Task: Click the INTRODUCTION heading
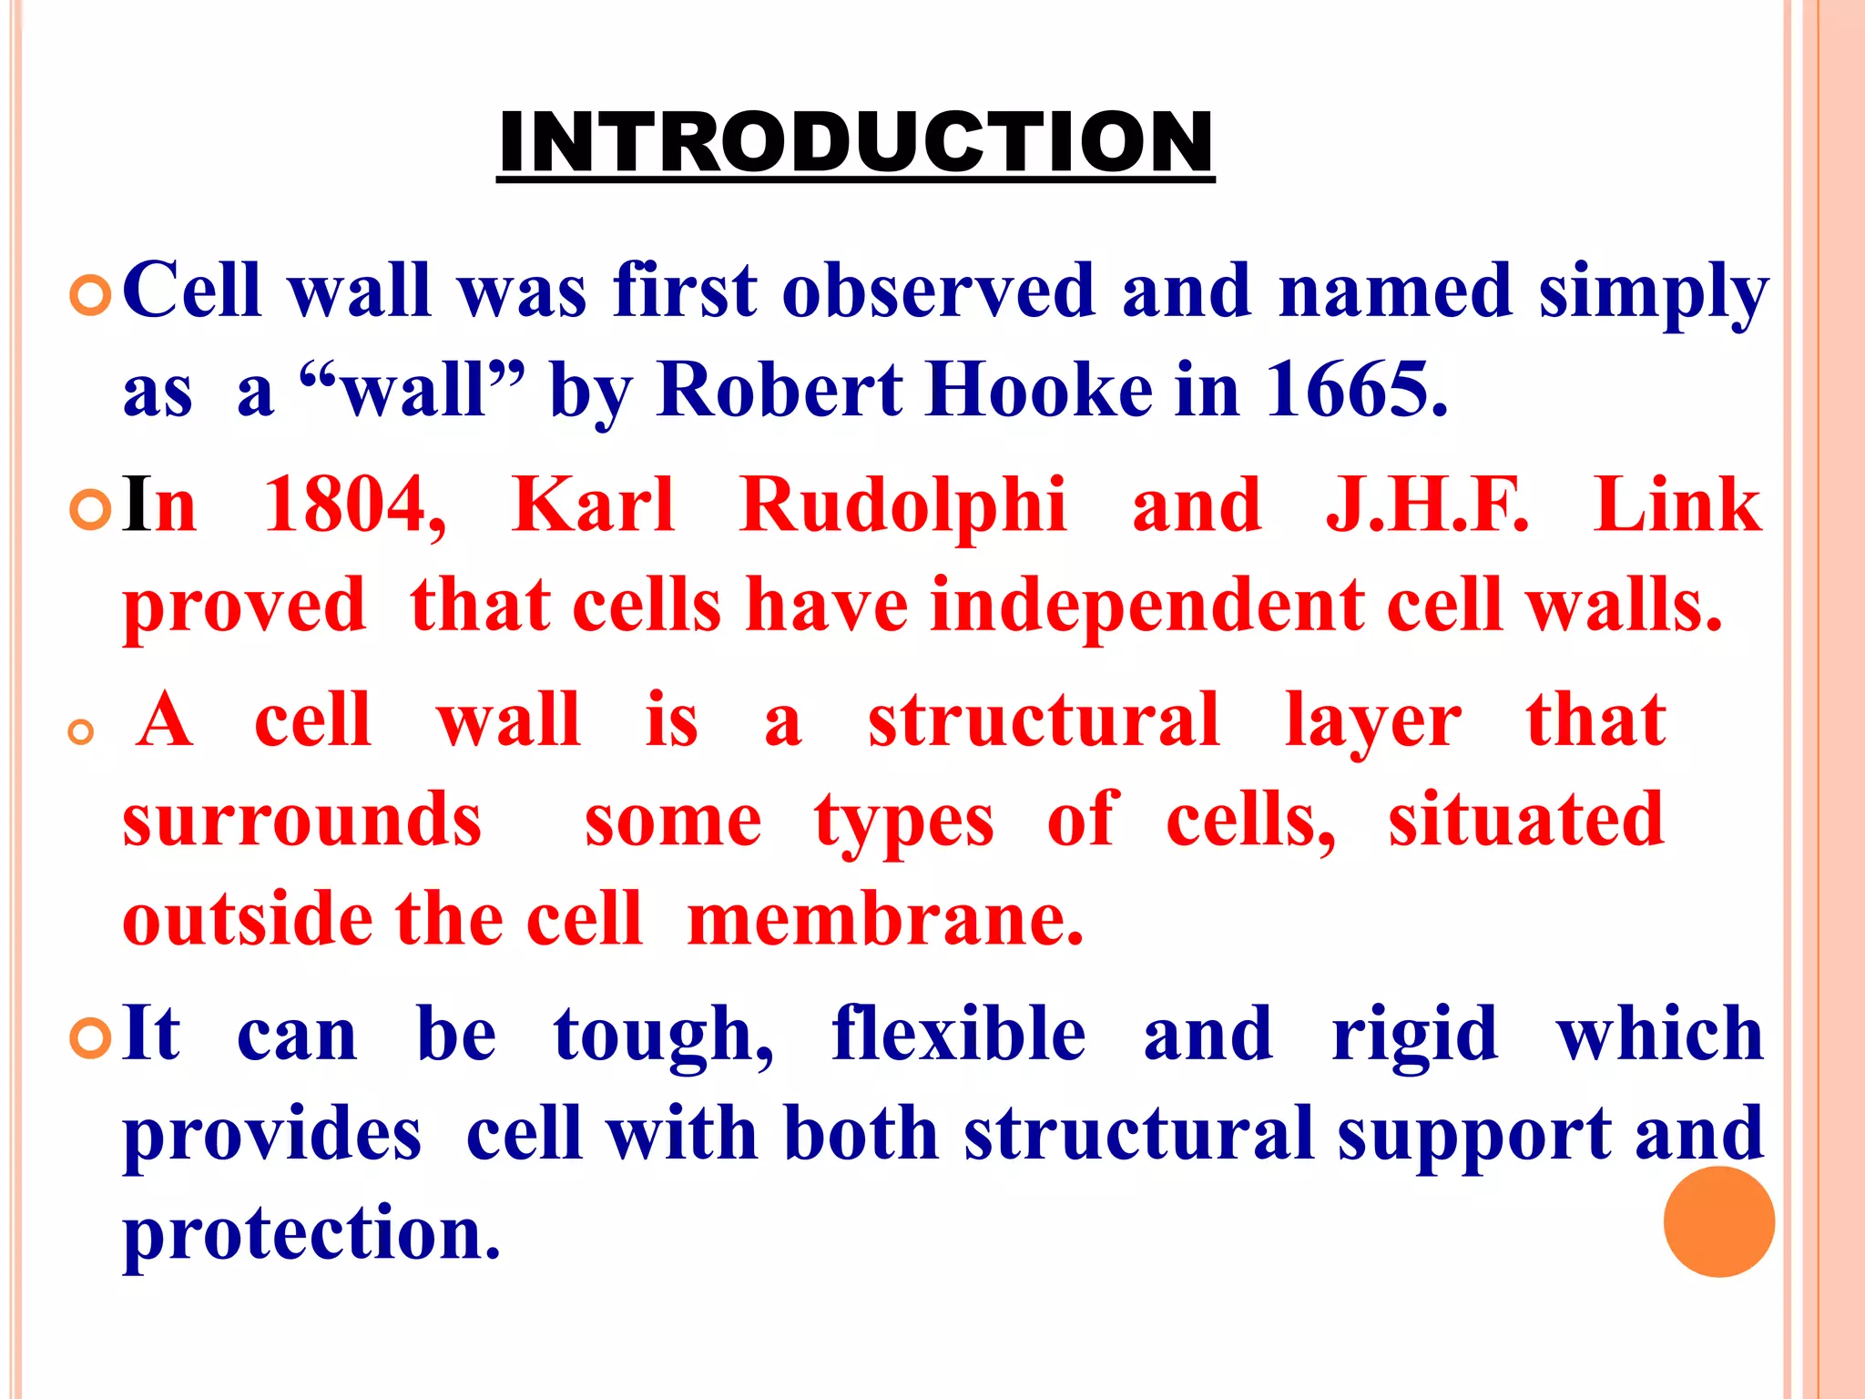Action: coord(855,142)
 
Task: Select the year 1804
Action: coord(354,505)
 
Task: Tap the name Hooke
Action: coord(1039,390)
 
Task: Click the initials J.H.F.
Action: coord(1427,505)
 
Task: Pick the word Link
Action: coord(1677,505)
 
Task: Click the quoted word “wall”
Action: coord(413,390)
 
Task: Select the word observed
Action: coord(939,291)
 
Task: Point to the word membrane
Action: coord(885,920)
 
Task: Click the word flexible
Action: coord(958,1035)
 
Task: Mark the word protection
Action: coord(311,1235)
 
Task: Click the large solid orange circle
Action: coord(1718,1221)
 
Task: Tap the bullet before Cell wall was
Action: coord(90,297)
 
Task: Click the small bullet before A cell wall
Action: coord(82,732)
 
